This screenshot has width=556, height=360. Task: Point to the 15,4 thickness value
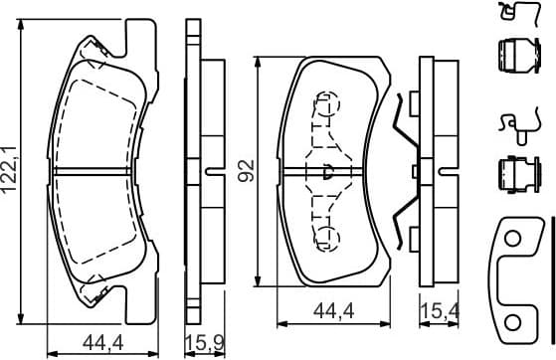coord(434,313)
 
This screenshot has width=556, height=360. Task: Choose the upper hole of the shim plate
coord(513,240)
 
